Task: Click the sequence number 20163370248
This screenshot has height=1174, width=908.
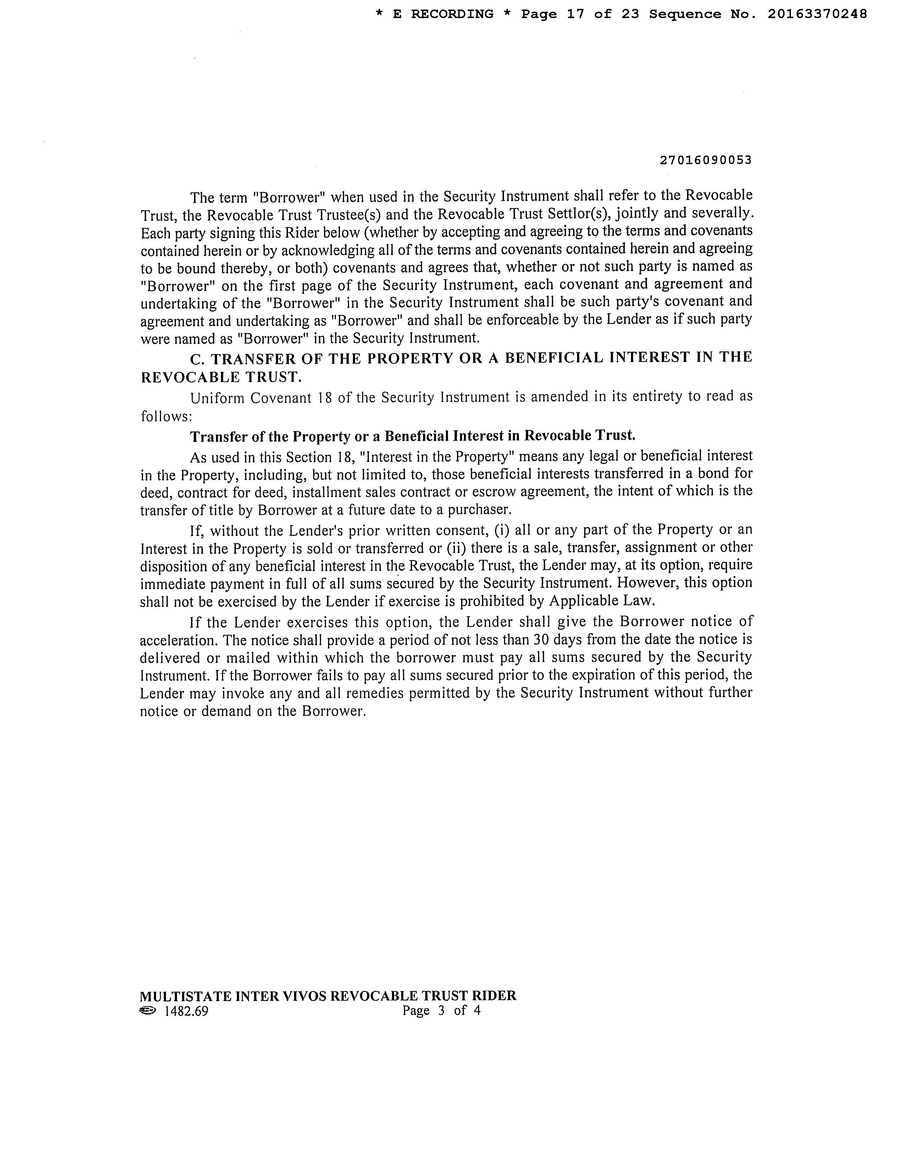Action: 816,15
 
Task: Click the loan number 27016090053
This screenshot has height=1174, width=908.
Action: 705,160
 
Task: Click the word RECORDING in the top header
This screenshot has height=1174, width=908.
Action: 452,15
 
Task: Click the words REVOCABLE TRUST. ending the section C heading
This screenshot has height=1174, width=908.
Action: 221,378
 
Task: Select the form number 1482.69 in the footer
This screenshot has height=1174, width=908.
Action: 186,1011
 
